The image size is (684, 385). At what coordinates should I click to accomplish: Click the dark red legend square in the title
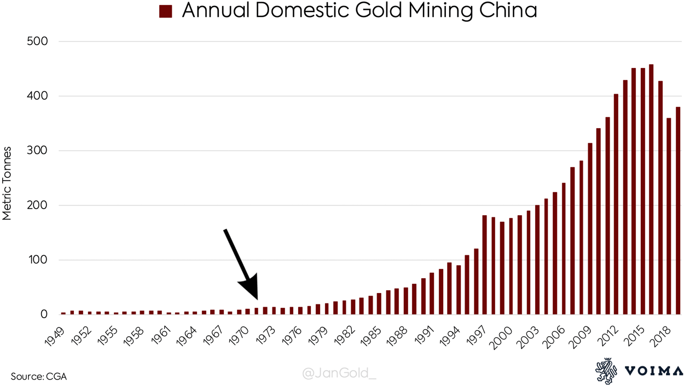click(x=166, y=12)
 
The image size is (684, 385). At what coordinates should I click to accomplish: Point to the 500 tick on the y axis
click(x=37, y=42)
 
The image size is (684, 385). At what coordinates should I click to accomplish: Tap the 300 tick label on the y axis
click(x=37, y=151)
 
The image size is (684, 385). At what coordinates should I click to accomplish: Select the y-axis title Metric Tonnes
click(x=7, y=183)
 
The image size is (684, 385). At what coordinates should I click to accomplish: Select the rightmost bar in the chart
click(x=677, y=211)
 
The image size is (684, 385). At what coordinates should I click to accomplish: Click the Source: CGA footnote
click(x=39, y=376)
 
